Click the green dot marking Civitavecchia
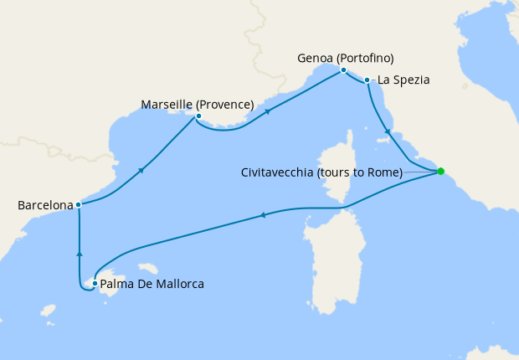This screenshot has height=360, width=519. (x=441, y=172)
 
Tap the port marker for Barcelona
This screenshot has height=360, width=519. (x=78, y=204)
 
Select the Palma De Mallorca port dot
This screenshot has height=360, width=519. (x=95, y=284)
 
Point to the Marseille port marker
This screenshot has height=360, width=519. (x=198, y=116)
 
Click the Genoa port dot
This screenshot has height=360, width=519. (x=343, y=70)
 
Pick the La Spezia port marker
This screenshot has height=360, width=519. (x=367, y=80)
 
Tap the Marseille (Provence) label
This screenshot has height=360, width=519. (x=198, y=105)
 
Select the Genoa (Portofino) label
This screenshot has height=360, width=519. (x=346, y=59)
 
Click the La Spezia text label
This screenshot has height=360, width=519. (x=403, y=80)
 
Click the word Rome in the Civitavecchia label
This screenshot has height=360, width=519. (x=386, y=172)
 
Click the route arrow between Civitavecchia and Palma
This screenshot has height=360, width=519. (x=263, y=216)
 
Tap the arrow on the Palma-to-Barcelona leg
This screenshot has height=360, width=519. (x=79, y=253)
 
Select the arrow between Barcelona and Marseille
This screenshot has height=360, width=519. (x=141, y=170)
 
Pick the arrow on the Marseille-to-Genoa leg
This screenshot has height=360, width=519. (x=268, y=111)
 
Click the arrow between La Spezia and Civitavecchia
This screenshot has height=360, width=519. (x=386, y=131)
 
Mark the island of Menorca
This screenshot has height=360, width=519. (x=150, y=268)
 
